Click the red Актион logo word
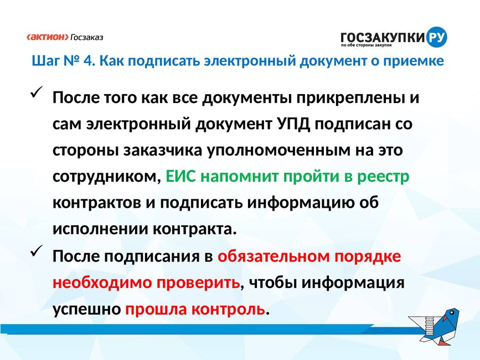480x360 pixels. pyautogui.click(x=48, y=37)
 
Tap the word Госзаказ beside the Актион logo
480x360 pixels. pyautogui.click(x=87, y=37)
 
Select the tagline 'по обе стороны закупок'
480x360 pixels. pyautogui.click(x=367, y=45)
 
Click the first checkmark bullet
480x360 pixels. pyautogui.click(x=36, y=92)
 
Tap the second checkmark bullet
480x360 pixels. pyautogui.click(x=36, y=251)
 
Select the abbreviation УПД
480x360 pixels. pyautogui.click(x=294, y=124)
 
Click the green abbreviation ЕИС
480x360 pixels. pyautogui.click(x=180, y=177)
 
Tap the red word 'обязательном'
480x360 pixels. pyautogui.click(x=273, y=256)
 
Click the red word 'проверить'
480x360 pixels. pyautogui.click(x=198, y=283)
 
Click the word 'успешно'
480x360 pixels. pyautogui.click(x=86, y=310)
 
